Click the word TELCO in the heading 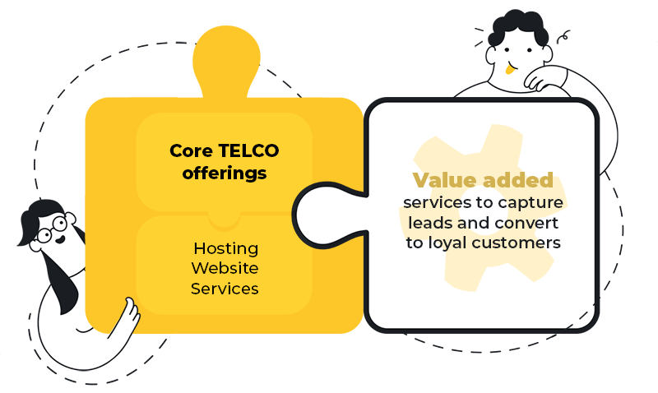click(x=248, y=150)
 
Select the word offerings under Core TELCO click(x=225, y=173)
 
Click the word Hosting click(x=225, y=248)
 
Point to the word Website click(x=225, y=269)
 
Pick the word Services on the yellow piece click(x=225, y=289)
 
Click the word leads click(x=427, y=223)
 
